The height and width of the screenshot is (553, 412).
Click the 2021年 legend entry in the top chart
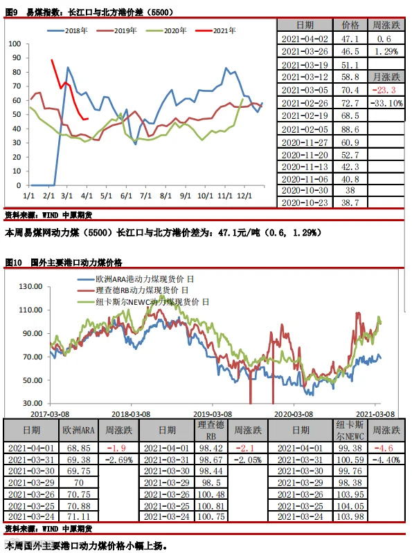pyautogui.click(x=215, y=30)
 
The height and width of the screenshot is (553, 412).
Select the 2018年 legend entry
pyautogui.click(x=67, y=30)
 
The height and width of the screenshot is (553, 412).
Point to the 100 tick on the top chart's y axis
pyautogui.click(x=15, y=44)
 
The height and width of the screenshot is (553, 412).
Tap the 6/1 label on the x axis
pyautogui.click(x=126, y=196)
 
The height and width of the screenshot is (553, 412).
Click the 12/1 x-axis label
pyautogui.click(x=244, y=196)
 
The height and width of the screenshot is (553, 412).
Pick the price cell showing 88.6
pyautogui.click(x=350, y=129)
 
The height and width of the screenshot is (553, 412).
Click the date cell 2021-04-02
pyautogui.click(x=305, y=39)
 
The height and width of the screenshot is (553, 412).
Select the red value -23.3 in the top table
pyautogui.click(x=384, y=90)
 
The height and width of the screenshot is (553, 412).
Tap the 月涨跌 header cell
pyautogui.click(x=386, y=77)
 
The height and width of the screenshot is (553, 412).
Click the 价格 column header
pyautogui.click(x=350, y=25)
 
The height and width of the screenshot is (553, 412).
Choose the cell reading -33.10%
pyautogui.click(x=386, y=103)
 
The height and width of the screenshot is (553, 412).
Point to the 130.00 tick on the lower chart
pyautogui.click(x=30, y=286)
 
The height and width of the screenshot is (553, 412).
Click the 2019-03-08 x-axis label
pyautogui.click(x=213, y=413)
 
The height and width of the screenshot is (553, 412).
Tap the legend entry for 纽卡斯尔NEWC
pyautogui.click(x=143, y=302)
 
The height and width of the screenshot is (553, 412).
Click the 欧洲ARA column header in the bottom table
pyautogui.click(x=78, y=430)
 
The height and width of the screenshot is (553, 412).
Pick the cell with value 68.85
pyautogui.click(x=78, y=448)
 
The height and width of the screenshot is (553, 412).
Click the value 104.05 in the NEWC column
pyautogui.click(x=350, y=506)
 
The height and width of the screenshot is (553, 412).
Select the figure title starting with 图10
pyautogui.click(x=64, y=263)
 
